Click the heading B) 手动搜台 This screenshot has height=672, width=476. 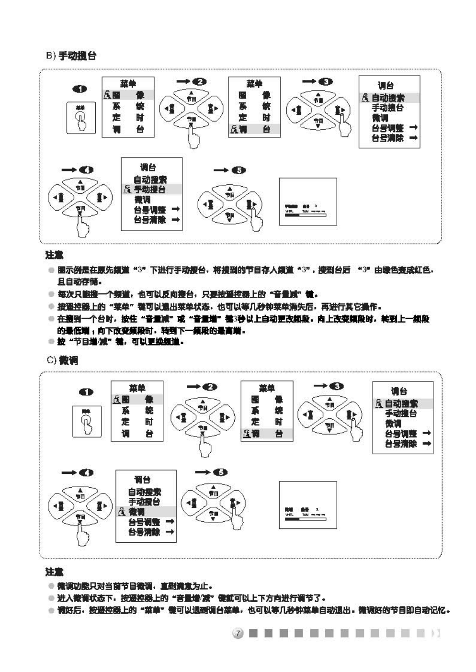71,56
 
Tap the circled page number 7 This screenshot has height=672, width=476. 238,633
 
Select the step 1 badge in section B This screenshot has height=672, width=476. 79,89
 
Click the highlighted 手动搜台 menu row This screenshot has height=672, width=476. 151,190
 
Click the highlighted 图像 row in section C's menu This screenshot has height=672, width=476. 137,399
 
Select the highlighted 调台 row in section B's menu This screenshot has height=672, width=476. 254,129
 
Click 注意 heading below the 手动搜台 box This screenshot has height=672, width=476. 54,255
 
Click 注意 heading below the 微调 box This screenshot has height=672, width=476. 54,572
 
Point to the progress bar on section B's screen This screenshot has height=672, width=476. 305,215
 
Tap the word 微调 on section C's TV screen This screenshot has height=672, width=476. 289,510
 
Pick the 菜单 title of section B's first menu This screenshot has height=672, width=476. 128,84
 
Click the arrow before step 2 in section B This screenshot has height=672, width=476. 182,82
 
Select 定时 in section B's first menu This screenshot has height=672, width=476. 128,118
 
